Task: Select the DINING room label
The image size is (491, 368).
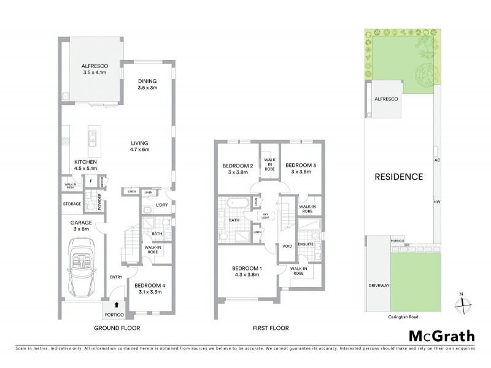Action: coord(147,84)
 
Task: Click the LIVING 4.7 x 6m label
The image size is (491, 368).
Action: coord(139,145)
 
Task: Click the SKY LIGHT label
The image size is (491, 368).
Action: coord(265,215)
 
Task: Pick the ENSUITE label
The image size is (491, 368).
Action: coord(306,244)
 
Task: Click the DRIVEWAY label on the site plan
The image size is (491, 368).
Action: coord(379,285)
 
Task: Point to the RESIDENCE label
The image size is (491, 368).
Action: coord(399,177)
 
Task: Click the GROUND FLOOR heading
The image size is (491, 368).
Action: coord(117,329)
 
